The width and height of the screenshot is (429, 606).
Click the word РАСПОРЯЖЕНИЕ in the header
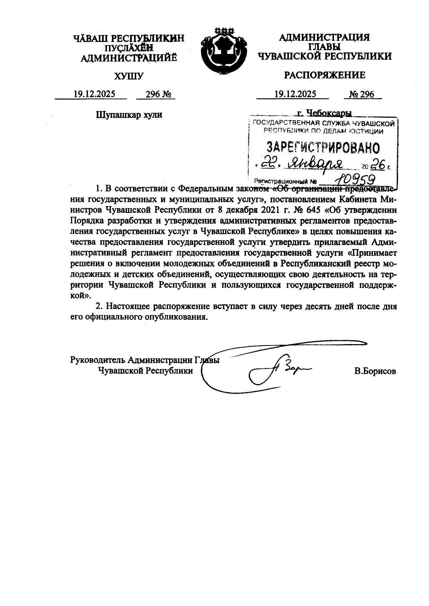click(324, 75)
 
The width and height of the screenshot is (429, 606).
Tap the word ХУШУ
click(128, 76)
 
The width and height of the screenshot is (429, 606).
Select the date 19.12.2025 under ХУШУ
click(94, 94)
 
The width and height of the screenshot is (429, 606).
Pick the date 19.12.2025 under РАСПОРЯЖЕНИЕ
click(295, 94)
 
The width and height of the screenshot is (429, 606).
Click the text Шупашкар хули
click(129, 114)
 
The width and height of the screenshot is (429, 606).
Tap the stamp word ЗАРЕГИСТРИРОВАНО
click(324, 147)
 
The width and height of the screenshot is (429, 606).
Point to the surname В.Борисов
click(375, 371)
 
